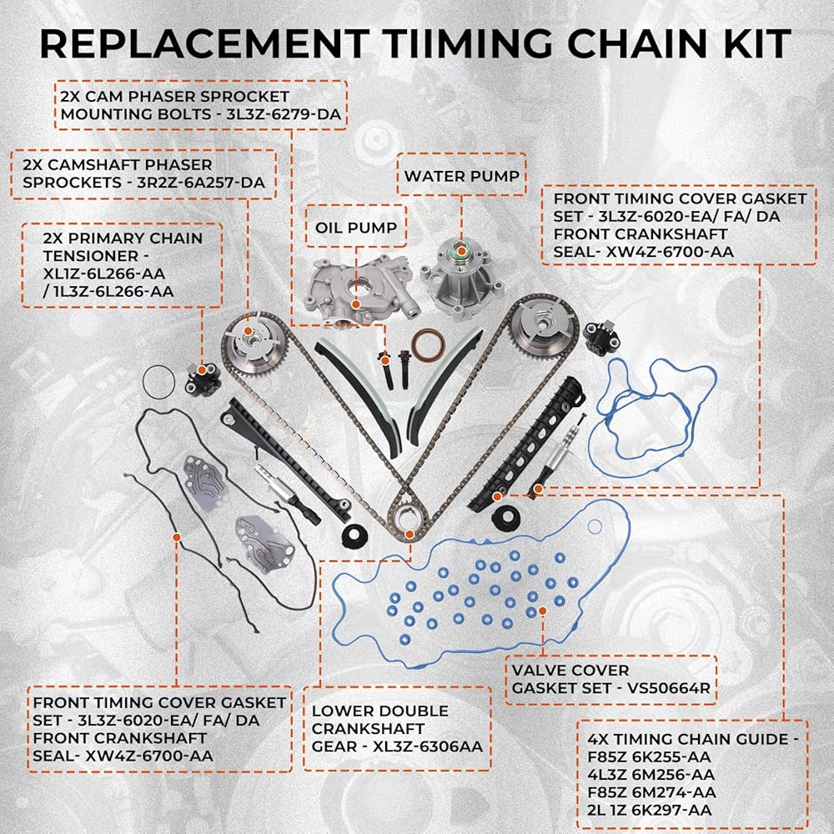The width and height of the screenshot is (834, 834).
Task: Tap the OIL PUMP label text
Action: pos(356,228)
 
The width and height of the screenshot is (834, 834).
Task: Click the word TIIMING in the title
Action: pos(466,43)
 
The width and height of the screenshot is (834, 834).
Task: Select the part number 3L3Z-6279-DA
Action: pos(284,114)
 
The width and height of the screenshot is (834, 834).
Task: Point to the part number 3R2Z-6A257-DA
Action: pos(201,183)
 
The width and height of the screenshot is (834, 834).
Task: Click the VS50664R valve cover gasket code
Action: pos(669,688)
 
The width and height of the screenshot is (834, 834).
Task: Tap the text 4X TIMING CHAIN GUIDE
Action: pos(688,739)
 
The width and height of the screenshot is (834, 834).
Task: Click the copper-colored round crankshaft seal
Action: pos(428,345)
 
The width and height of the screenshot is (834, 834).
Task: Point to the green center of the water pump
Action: pos(461,249)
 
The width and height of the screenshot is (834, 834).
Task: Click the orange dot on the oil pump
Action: pos(356,304)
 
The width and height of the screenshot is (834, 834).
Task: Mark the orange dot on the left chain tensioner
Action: pos(202,369)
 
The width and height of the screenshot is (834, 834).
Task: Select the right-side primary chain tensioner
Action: pos(600,339)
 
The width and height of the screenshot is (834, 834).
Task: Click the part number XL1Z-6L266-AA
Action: pos(104,274)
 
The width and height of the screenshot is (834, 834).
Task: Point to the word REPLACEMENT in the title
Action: pos(205,43)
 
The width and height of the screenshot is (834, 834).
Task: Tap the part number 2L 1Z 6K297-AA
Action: pos(650,810)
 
